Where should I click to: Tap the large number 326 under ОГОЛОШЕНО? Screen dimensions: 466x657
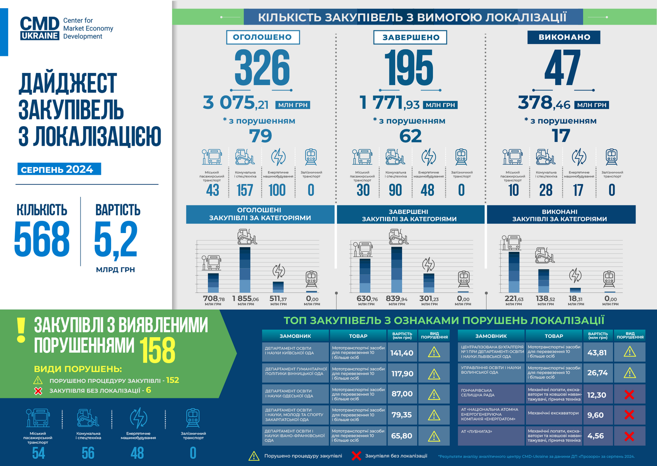[262, 68]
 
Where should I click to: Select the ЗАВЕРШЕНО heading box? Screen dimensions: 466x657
[410, 37]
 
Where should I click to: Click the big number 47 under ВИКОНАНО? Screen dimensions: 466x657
[563, 68]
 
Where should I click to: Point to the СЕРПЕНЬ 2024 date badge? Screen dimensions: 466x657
[59, 169]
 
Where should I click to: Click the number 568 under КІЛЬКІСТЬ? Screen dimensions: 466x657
[42, 239]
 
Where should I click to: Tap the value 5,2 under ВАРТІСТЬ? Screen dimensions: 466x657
[116, 239]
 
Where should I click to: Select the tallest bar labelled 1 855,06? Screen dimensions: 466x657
[245, 270]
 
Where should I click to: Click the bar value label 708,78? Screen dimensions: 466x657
[214, 299]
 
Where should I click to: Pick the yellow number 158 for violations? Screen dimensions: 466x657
[157, 350]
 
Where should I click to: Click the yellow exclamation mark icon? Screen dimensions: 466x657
[21, 330]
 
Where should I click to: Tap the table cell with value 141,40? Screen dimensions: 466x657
[402, 353]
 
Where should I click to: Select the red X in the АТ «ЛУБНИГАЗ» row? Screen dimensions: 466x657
[629, 436]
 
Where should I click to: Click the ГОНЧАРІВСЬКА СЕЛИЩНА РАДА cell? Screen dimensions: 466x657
[491, 393]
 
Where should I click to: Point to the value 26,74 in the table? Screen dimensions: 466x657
[597, 373]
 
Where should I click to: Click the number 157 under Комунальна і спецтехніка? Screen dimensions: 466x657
[245, 190]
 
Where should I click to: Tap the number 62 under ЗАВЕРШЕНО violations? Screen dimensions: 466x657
[410, 136]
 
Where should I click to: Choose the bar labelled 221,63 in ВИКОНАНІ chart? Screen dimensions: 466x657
[514, 272]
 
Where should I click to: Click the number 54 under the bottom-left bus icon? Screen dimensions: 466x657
[38, 453]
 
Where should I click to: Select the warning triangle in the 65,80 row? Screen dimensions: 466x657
[434, 436]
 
